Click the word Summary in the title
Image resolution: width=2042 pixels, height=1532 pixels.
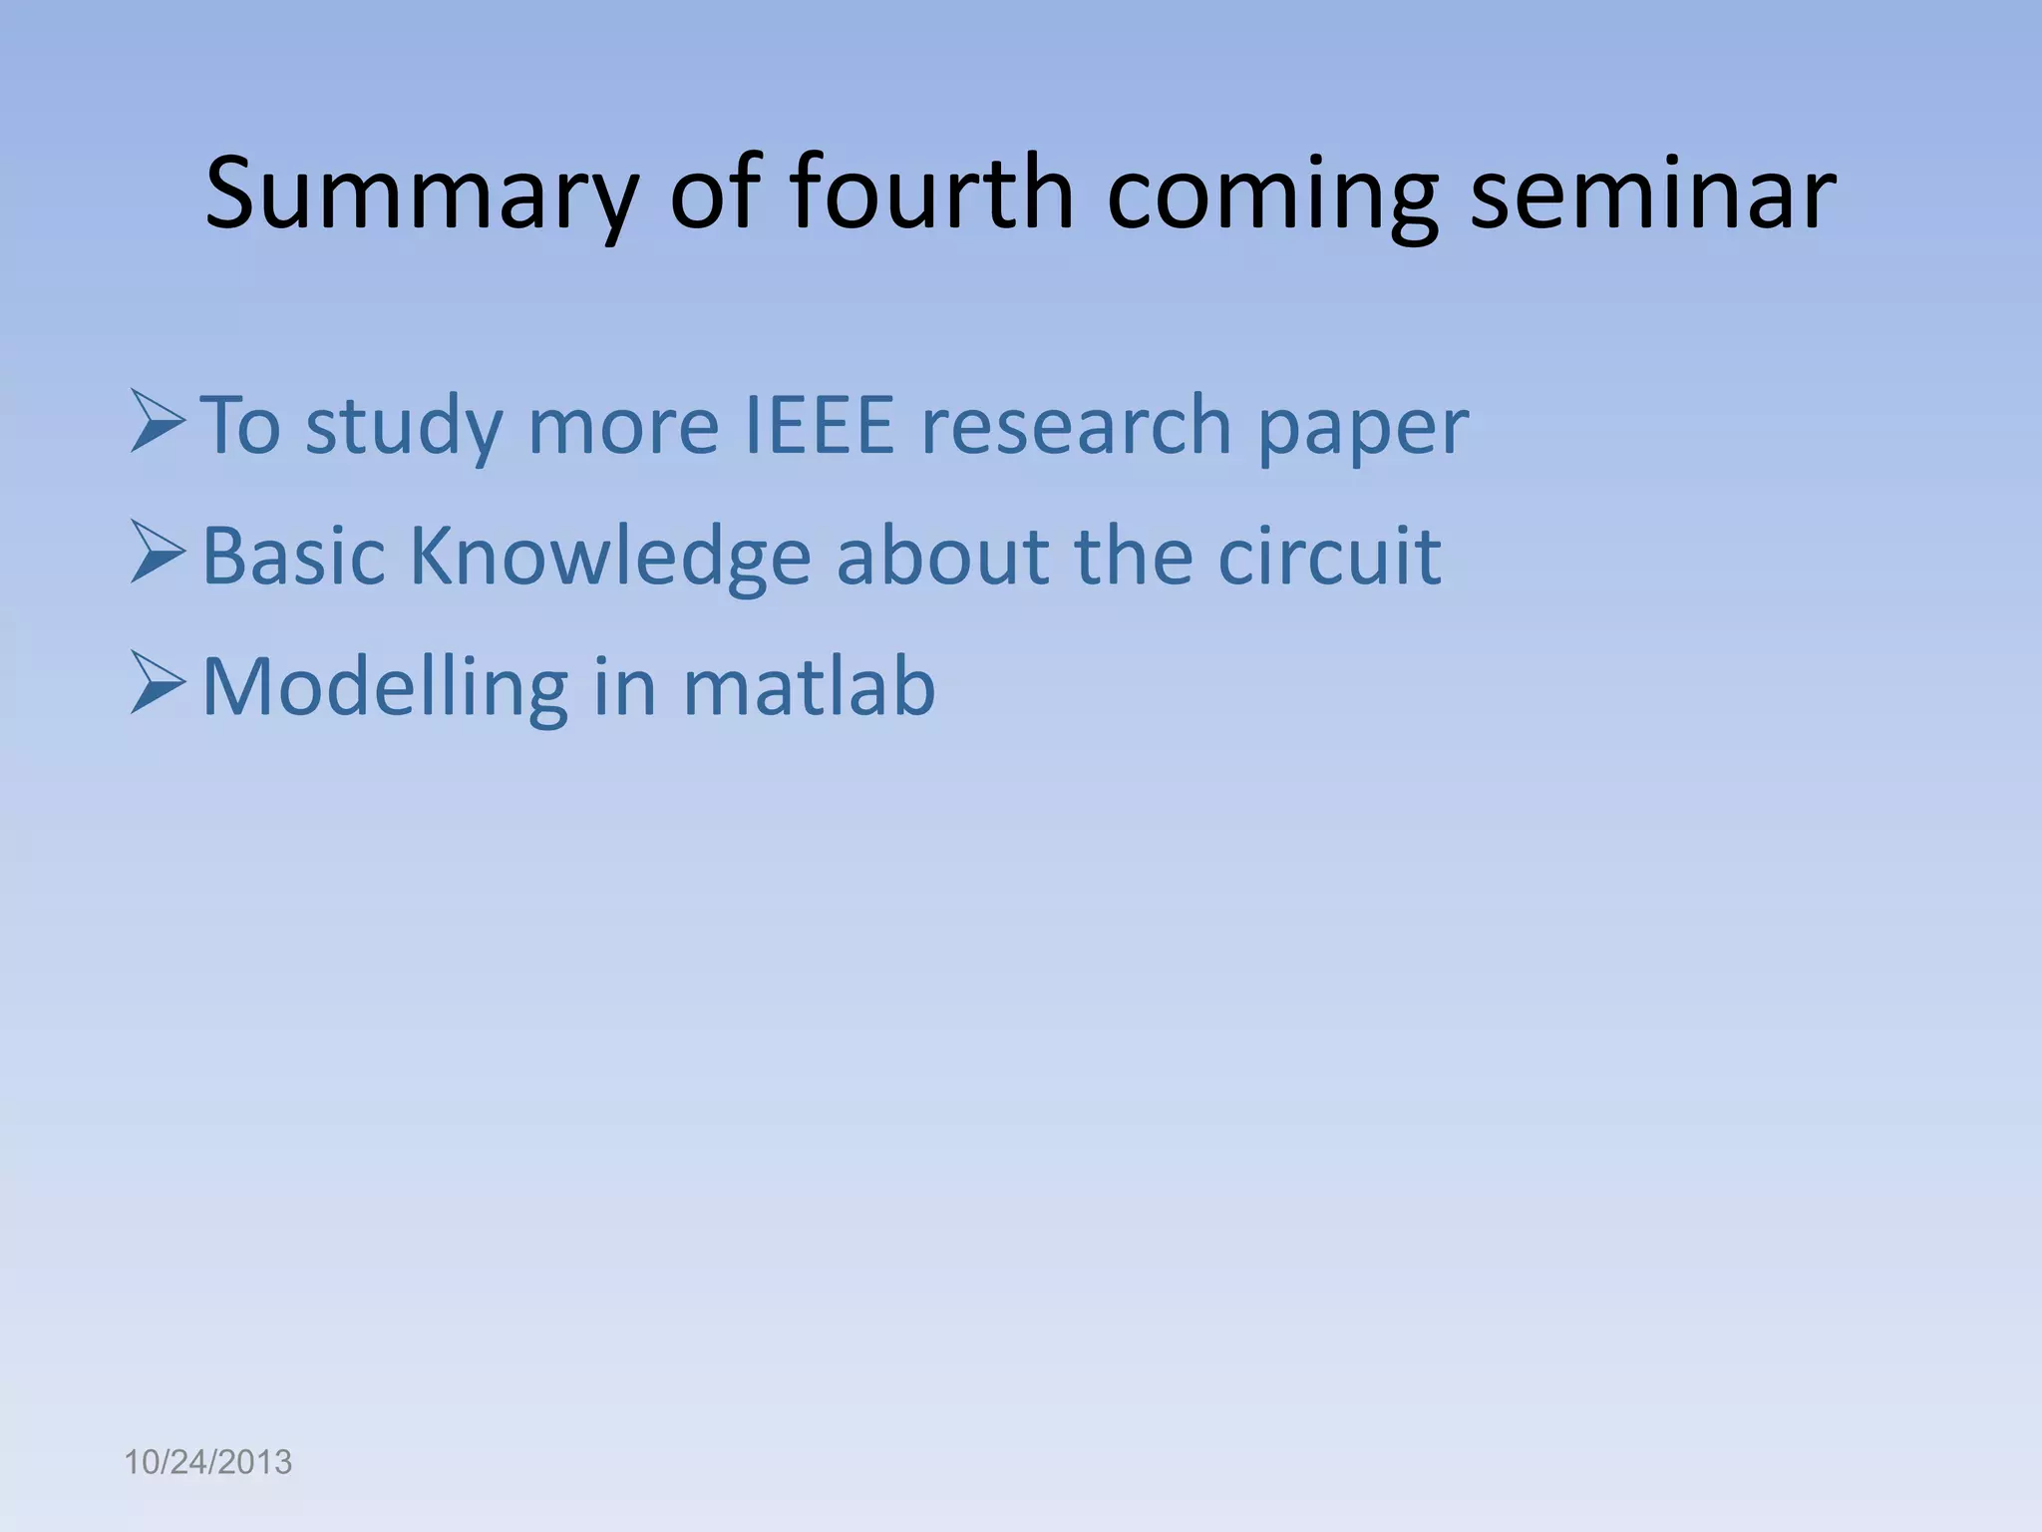(x=420, y=194)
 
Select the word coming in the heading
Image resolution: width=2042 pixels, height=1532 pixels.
(x=1271, y=194)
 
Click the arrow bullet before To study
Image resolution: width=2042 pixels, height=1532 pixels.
(x=158, y=423)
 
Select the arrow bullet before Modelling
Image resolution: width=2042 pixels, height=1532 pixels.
(x=158, y=685)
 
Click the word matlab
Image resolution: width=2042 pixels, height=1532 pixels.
(x=809, y=686)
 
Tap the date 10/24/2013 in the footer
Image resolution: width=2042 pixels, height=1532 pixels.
(x=207, y=1463)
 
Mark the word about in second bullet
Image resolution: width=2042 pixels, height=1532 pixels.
(x=942, y=556)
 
